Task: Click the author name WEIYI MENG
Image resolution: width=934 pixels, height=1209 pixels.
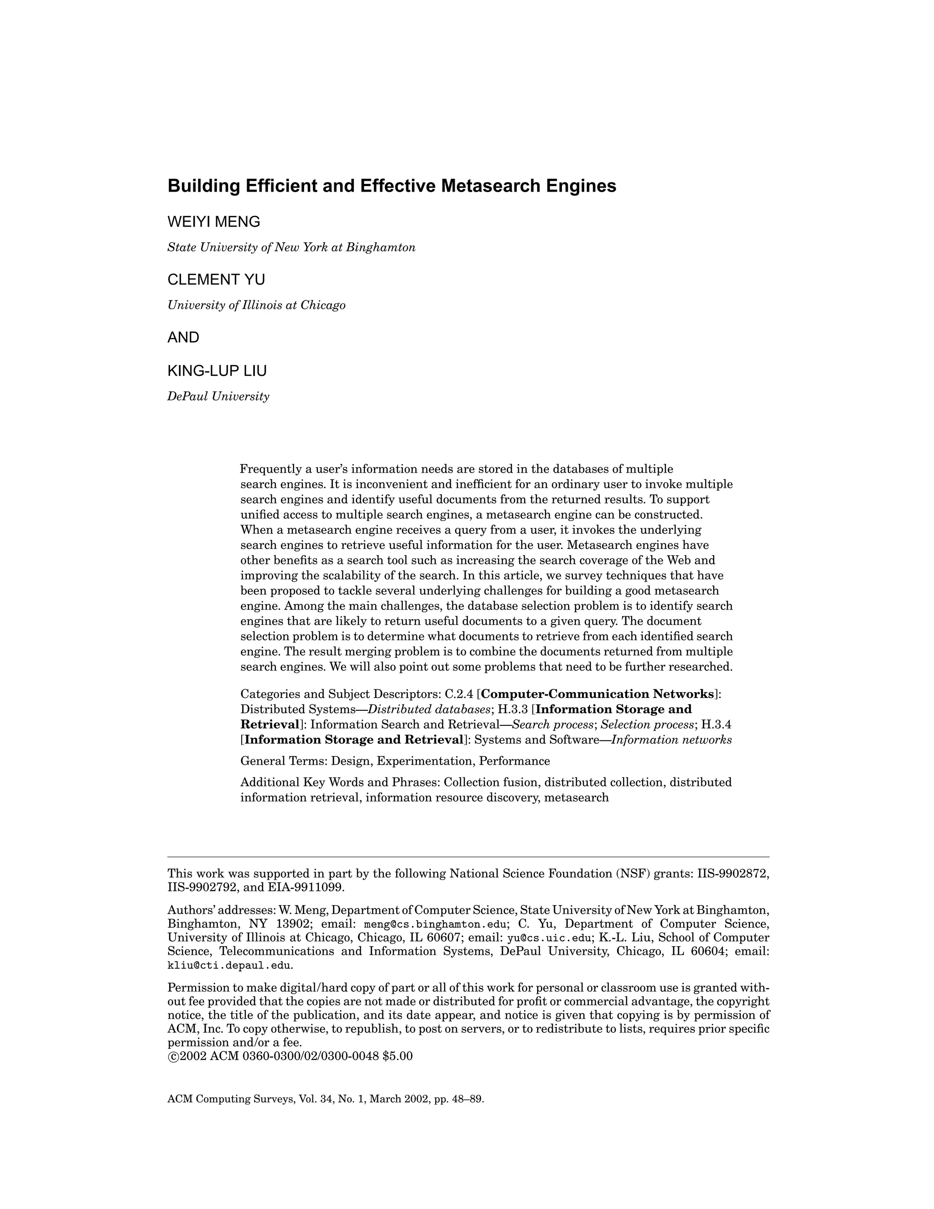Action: (x=213, y=222)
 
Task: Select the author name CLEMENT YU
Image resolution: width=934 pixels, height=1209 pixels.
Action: (x=216, y=280)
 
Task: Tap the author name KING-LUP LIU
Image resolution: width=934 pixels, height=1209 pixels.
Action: (x=217, y=371)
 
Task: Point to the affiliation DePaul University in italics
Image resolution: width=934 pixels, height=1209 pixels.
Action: (x=218, y=396)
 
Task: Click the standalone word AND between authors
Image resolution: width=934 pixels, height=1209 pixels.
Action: (x=183, y=338)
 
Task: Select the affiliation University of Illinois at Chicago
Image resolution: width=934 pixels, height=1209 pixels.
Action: (x=256, y=306)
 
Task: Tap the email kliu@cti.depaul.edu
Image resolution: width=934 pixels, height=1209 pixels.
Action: (x=229, y=965)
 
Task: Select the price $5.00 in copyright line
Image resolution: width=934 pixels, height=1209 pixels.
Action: (x=397, y=1056)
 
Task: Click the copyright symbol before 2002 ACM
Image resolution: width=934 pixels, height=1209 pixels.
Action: (x=173, y=1057)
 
